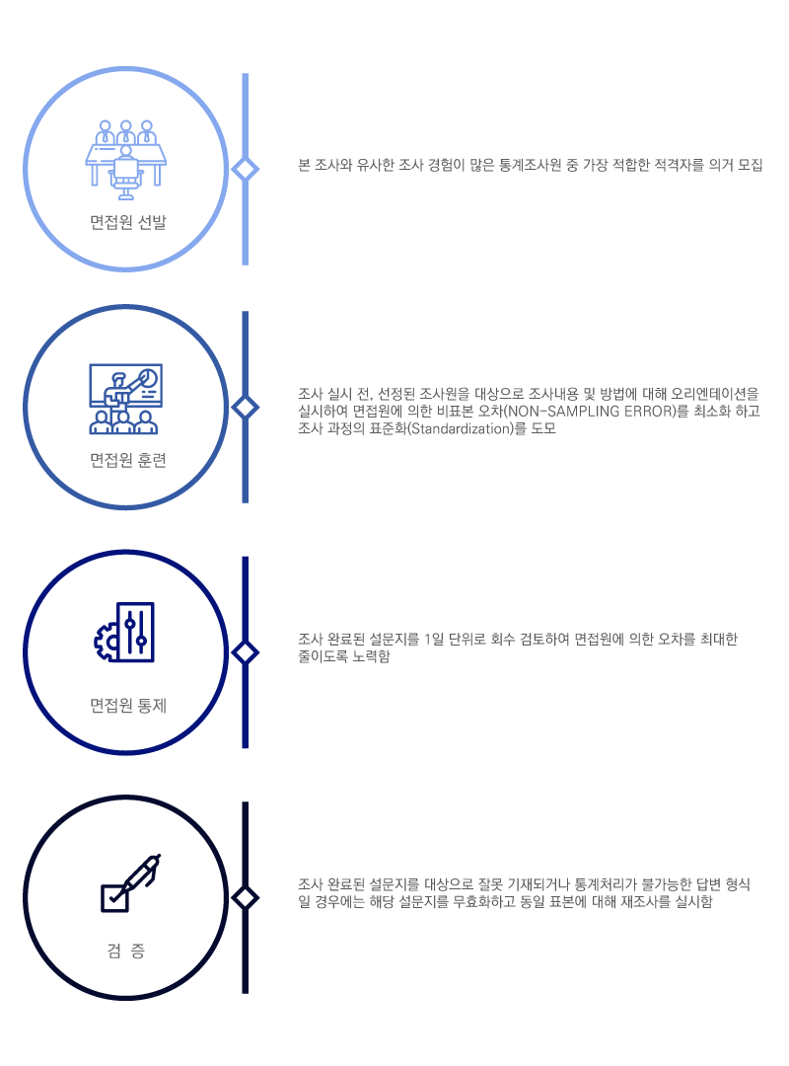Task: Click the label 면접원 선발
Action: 128,222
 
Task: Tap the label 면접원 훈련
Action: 128,460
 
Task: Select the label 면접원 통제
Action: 128,706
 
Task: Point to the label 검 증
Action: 125,952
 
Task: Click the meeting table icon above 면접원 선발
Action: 125,160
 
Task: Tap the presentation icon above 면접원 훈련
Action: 125,399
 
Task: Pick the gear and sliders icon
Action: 124,633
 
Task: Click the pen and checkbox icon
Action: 130,882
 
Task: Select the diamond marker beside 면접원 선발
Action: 245,169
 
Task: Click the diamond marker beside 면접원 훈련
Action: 245,408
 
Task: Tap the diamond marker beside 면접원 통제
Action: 245,652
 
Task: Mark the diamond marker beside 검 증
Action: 245,898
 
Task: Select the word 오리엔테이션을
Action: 715,394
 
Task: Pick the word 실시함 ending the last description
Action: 693,902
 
